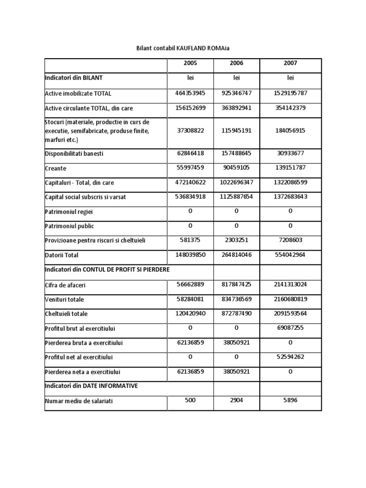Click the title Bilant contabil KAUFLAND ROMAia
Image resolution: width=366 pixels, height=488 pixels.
coord(183,49)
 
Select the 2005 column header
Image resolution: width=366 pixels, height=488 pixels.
coord(190,63)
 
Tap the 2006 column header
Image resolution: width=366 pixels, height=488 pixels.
coord(236,63)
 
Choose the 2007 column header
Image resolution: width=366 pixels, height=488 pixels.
coord(290,63)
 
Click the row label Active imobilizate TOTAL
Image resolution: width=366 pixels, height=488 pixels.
coord(78,94)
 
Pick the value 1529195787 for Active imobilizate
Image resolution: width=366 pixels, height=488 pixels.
coord(290,93)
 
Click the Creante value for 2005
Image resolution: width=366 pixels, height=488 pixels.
coord(190,168)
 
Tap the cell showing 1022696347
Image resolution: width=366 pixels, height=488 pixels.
coord(236,182)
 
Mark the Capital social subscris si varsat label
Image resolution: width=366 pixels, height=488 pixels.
coord(85,197)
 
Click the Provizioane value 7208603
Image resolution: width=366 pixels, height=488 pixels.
coord(290,240)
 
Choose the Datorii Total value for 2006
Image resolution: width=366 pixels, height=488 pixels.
coord(236,254)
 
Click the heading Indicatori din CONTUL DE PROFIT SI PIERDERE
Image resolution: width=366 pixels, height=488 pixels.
coord(107,270)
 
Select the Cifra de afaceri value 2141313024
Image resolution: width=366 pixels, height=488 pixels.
coord(290,285)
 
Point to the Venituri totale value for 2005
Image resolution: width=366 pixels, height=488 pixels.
coord(190,299)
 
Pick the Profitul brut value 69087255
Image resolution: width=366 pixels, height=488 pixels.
coord(290,328)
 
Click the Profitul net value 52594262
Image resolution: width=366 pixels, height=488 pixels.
coord(290,357)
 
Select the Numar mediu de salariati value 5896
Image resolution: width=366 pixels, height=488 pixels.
coord(290,400)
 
